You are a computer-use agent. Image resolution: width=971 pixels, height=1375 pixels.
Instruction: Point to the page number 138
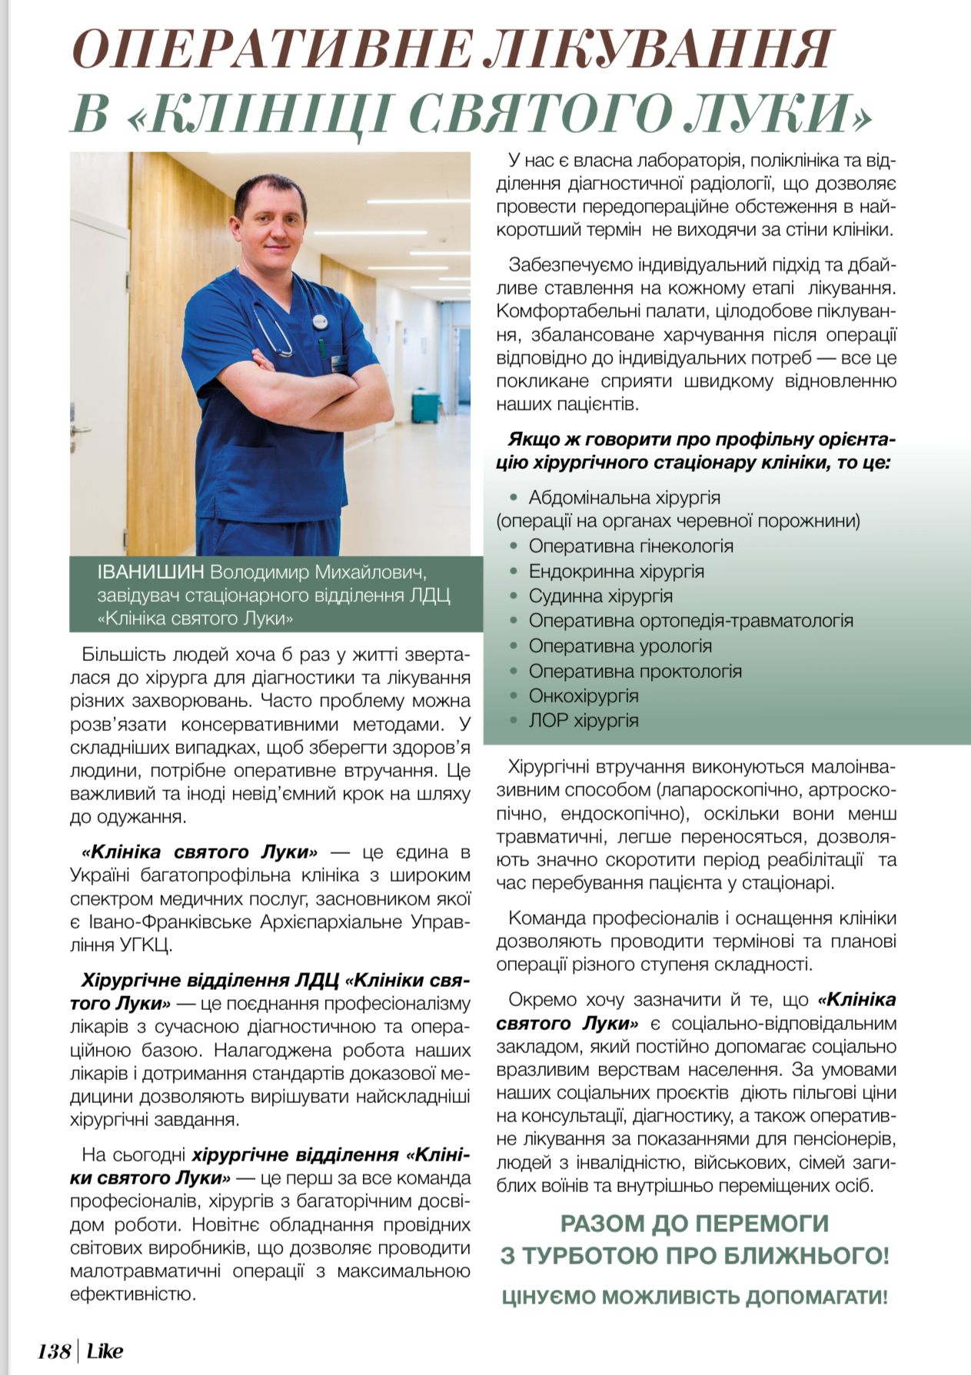[54, 1350]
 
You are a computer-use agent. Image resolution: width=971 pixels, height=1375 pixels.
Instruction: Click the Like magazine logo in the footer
[105, 1350]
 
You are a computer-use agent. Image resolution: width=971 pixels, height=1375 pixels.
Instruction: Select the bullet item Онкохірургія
[584, 696]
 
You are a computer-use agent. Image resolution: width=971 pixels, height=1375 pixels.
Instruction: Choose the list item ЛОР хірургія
[584, 720]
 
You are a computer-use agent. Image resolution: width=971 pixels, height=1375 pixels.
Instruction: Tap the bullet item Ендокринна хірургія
[616, 571]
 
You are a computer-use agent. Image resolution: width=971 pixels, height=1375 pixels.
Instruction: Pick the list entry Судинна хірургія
[600, 596]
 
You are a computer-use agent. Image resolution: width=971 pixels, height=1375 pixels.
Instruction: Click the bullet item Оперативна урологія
[620, 646]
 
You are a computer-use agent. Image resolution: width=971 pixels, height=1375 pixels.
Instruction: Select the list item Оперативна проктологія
[635, 671]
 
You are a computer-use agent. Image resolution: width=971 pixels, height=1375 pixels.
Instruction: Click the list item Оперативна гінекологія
[630, 546]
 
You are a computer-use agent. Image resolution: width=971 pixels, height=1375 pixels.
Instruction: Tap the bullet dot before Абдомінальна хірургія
[515, 498]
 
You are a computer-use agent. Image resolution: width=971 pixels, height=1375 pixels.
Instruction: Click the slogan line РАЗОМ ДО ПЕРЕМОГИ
[694, 1224]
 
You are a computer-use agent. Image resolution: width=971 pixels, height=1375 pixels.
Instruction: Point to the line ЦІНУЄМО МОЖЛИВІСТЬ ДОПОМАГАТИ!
[694, 1298]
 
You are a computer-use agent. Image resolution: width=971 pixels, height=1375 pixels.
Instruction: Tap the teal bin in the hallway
[425, 407]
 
